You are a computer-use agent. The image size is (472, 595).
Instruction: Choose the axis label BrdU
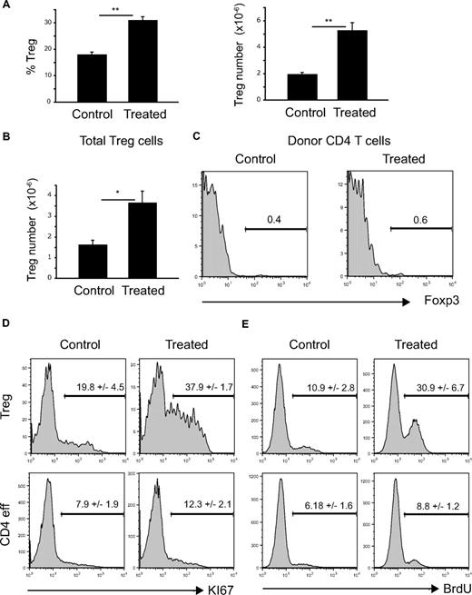[x=439, y=575]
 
